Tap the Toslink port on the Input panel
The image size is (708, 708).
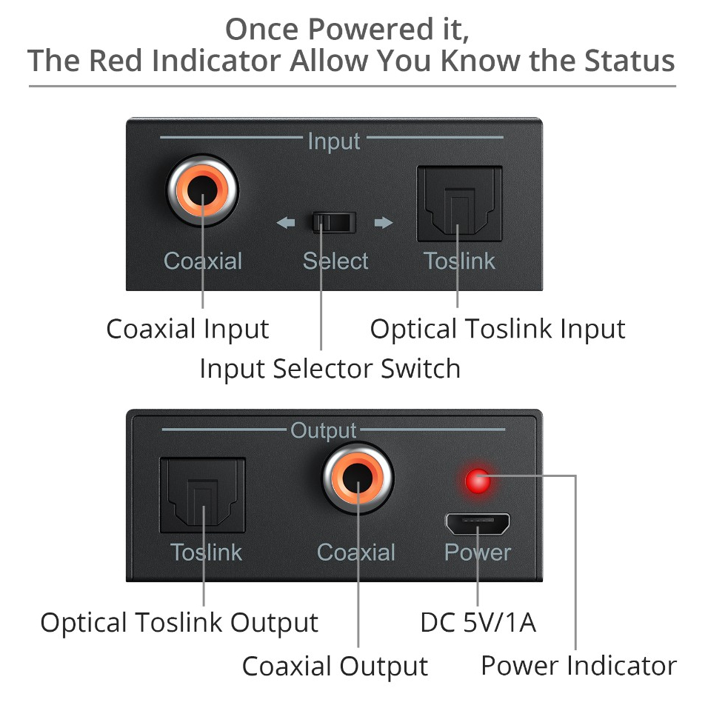pos(459,204)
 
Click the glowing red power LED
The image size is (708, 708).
pos(478,481)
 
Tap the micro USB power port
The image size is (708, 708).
pos(478,524)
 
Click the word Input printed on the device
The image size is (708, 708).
pos(333,141)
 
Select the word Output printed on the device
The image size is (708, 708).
pos(324,430)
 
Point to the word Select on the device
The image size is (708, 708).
pos(335,261)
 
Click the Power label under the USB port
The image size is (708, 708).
pos(478,552)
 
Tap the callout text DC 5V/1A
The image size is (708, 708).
pos(478,623)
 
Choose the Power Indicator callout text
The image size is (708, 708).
pos(578,665)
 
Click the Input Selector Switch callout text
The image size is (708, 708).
pos(330,368)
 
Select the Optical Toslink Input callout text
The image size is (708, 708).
pos(498,329)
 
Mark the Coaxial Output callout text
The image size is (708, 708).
pos(335,666)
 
